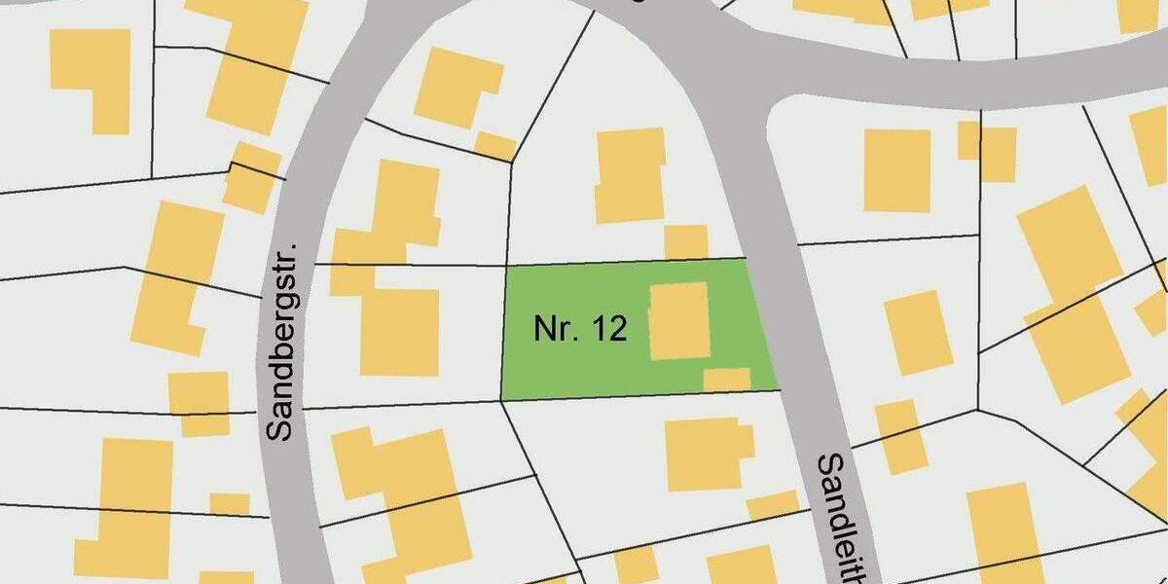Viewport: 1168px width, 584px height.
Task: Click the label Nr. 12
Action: (579, 329)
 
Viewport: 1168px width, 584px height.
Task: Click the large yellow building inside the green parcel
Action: (678, 321)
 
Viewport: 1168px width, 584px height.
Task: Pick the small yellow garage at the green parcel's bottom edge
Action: (726, 380)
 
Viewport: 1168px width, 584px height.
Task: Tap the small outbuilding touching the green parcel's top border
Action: (686, 242)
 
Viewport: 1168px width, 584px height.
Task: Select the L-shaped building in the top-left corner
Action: (92, 73)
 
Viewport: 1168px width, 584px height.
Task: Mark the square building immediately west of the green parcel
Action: (399, 331)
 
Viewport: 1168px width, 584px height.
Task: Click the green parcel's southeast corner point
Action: (782, 389)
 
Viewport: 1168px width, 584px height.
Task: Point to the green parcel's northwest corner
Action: (506, 266)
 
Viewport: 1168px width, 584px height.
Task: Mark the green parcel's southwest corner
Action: (500, 399)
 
